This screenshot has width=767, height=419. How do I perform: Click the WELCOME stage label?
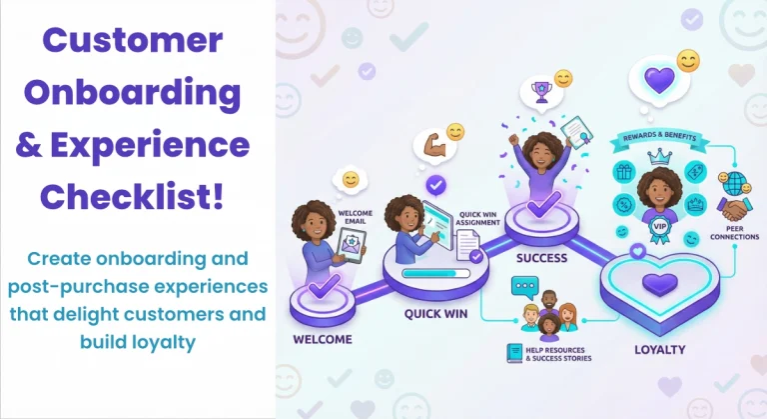point(323,339)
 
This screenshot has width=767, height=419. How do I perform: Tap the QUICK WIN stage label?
point(436,312)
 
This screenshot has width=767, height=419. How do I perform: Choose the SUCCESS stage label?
point(540,257)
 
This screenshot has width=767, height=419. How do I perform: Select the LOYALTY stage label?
point(661,350)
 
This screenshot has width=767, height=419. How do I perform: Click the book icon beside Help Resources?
point(515,352)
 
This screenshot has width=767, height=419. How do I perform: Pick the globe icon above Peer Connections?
point(736,183)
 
